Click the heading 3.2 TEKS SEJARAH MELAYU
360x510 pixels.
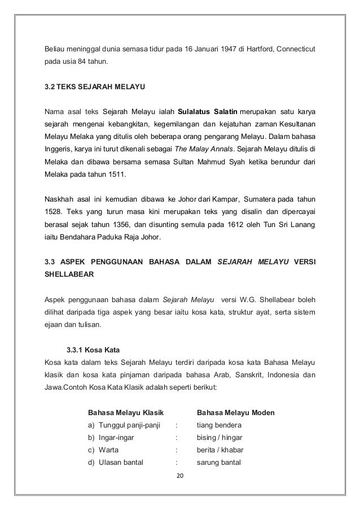pos(95,88)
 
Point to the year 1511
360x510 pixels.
pos(117,177)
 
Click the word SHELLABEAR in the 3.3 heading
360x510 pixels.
pos(69,274)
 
